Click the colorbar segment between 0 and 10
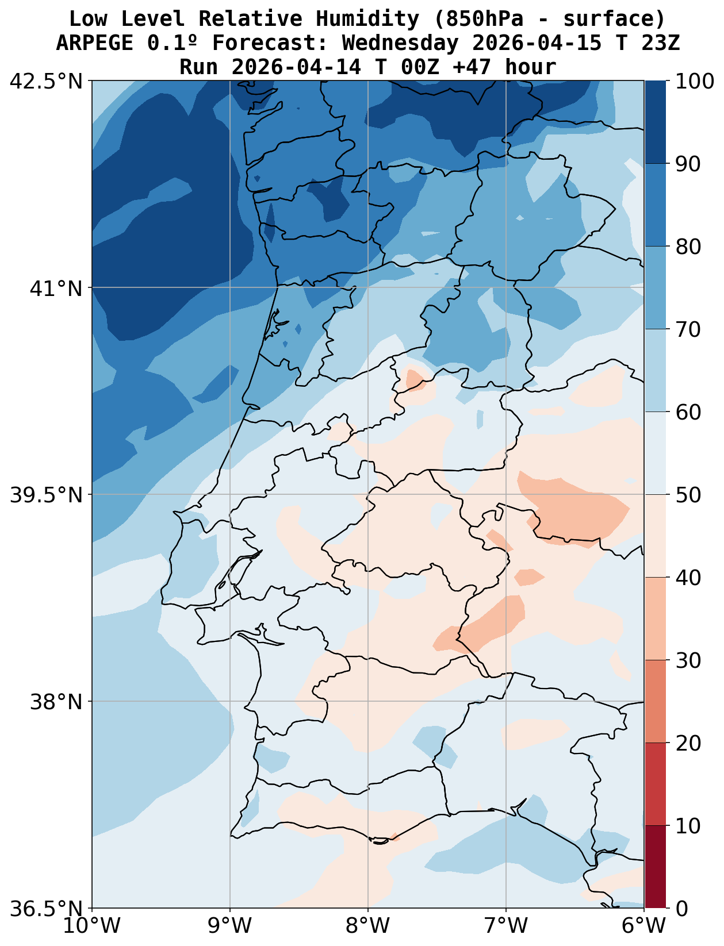click(655, 867)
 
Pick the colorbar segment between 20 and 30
click(655, 702)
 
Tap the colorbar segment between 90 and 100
click(655, 122)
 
